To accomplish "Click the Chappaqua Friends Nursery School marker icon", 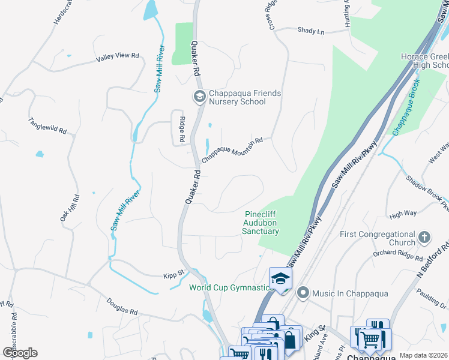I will tap(199, 96).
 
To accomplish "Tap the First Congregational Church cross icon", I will tap(424, 236).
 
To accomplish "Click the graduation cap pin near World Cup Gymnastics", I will tap(280, 278).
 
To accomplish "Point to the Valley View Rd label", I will tap(117, 57).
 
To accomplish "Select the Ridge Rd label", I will tap(181, 127).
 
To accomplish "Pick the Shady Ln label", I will tap(312, 31).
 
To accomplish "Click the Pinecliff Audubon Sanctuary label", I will tap(261, 223).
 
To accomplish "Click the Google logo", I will tap(20, 353).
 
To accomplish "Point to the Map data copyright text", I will tap(423, 355).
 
